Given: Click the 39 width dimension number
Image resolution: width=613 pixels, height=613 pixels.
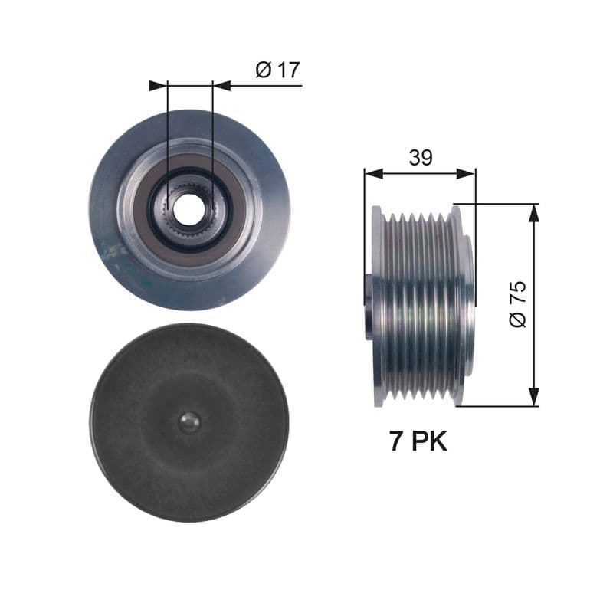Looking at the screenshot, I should (420, 158).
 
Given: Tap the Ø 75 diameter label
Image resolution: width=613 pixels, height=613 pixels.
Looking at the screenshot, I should (518, 304).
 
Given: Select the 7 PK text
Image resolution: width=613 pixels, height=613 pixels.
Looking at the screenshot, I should (418, 442).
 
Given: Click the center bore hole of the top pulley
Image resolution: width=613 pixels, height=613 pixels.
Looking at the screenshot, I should (188, 207).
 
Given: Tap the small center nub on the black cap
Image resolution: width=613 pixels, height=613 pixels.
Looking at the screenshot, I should (188, 421).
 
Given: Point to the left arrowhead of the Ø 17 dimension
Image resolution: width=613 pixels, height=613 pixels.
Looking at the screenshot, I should (159, 85).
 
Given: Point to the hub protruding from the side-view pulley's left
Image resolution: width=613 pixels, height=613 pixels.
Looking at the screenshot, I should (369, 306).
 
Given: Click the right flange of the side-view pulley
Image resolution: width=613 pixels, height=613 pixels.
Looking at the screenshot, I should (458, 306).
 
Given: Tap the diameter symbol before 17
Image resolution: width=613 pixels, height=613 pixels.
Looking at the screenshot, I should (263, 70).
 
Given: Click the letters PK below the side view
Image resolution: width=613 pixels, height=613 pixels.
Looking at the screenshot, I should (429, 442).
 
